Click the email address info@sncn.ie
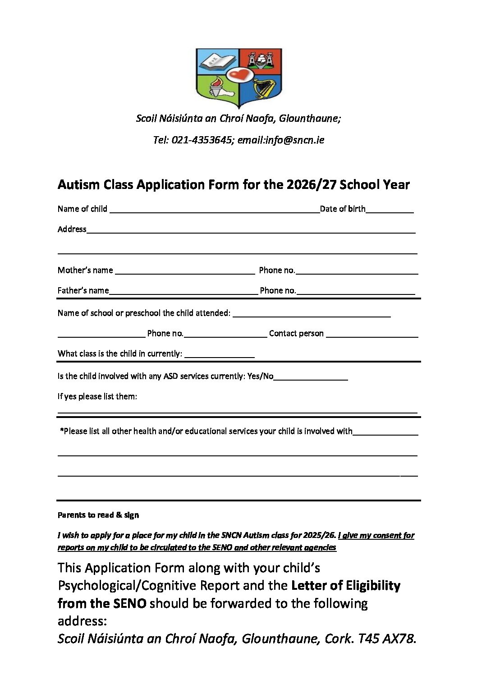[294, 140]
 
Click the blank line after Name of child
[214, 210]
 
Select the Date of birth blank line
[390, 210]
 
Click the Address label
[72, 230]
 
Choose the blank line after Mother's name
[185, 271]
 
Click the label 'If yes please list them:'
[97, 397]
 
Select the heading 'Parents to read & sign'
[98, 515]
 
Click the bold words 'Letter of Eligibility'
[346, 586]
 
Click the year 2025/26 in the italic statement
[319, 536]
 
